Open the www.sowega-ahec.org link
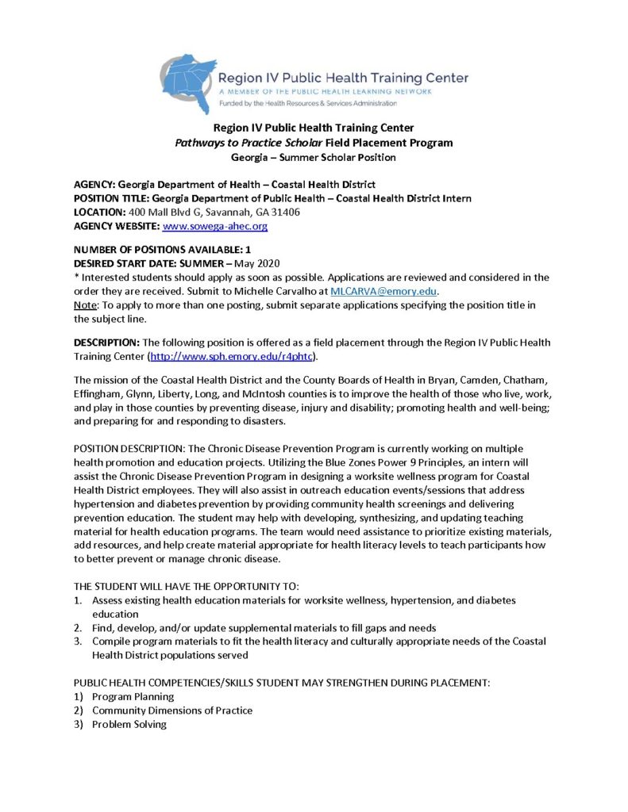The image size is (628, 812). (x=214, y=226)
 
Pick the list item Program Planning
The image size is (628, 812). (x=133, y=696)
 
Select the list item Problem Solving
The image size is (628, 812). (x=129, y=724)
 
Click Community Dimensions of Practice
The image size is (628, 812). (x=171, y=710)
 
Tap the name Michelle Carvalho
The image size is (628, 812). (x=275, y=292)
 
